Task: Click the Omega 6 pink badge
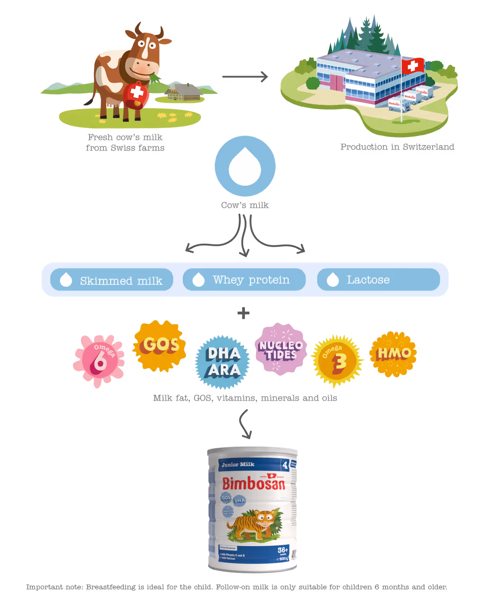(x=99, y=360)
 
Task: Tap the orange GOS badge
(x=159, y=345)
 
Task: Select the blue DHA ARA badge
(x=223, y=362)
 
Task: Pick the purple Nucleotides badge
(x=281, y=349)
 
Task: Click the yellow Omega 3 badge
(x=337, y=360)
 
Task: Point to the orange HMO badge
(x=393, y=354)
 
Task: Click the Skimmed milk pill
(x=112, y=280)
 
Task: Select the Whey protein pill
(x=244, y=280)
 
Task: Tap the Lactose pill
(x=378, y=280)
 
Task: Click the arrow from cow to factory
(x=245, y=76)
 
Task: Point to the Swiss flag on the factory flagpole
(x=413, y=66)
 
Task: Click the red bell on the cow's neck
(x=136, y=95)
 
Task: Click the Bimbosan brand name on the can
(x=253, y=484)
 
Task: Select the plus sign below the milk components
(x=243, y=313)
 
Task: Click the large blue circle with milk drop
(x=245, y=166)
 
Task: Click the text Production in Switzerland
(x=397, y=146)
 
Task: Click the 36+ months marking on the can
(x=282, y=551)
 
